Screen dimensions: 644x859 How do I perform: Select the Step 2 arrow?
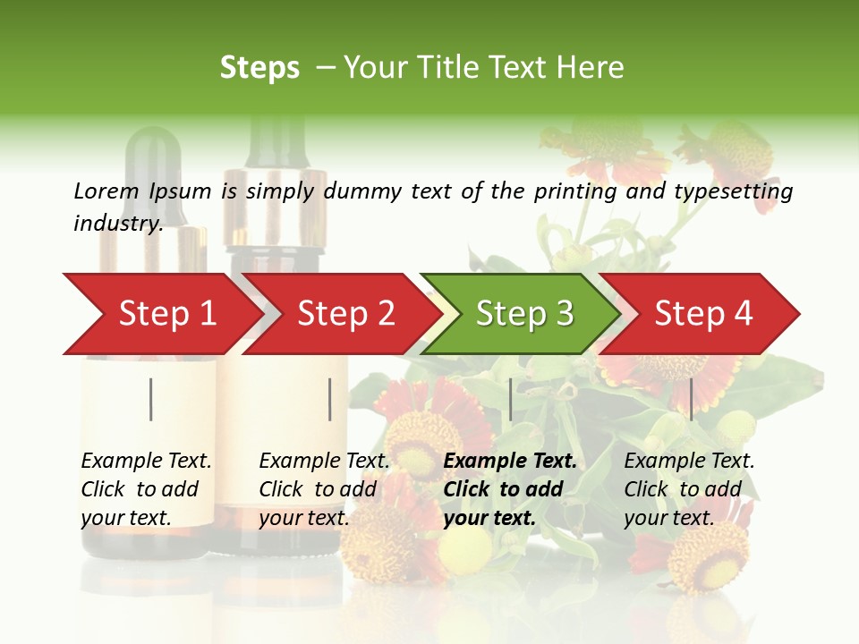coord(345,313)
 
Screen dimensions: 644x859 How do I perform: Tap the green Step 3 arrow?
coord(524,313)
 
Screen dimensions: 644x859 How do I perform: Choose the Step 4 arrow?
coord(703,313)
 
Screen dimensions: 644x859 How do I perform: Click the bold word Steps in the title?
coord(259,67)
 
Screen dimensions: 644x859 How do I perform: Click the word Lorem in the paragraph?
coord(106,191)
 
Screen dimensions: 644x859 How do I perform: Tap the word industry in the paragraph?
coord(117,223)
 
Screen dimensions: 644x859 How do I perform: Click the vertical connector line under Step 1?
coord(151,399)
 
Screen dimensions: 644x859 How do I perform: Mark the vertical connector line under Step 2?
coord(330,399)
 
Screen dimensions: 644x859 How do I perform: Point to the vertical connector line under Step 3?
coord(510,399)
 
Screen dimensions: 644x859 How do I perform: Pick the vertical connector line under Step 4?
coord(691,399)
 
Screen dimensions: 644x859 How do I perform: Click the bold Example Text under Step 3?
coord(510,462)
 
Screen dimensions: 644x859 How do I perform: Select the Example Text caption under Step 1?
coord(146,462)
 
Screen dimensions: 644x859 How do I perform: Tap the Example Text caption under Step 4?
coord(689,462)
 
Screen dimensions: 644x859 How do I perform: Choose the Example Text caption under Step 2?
coord(324,462)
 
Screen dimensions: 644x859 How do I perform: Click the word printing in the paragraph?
coord(572,191)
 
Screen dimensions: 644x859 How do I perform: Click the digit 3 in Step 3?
coord(564,313)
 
